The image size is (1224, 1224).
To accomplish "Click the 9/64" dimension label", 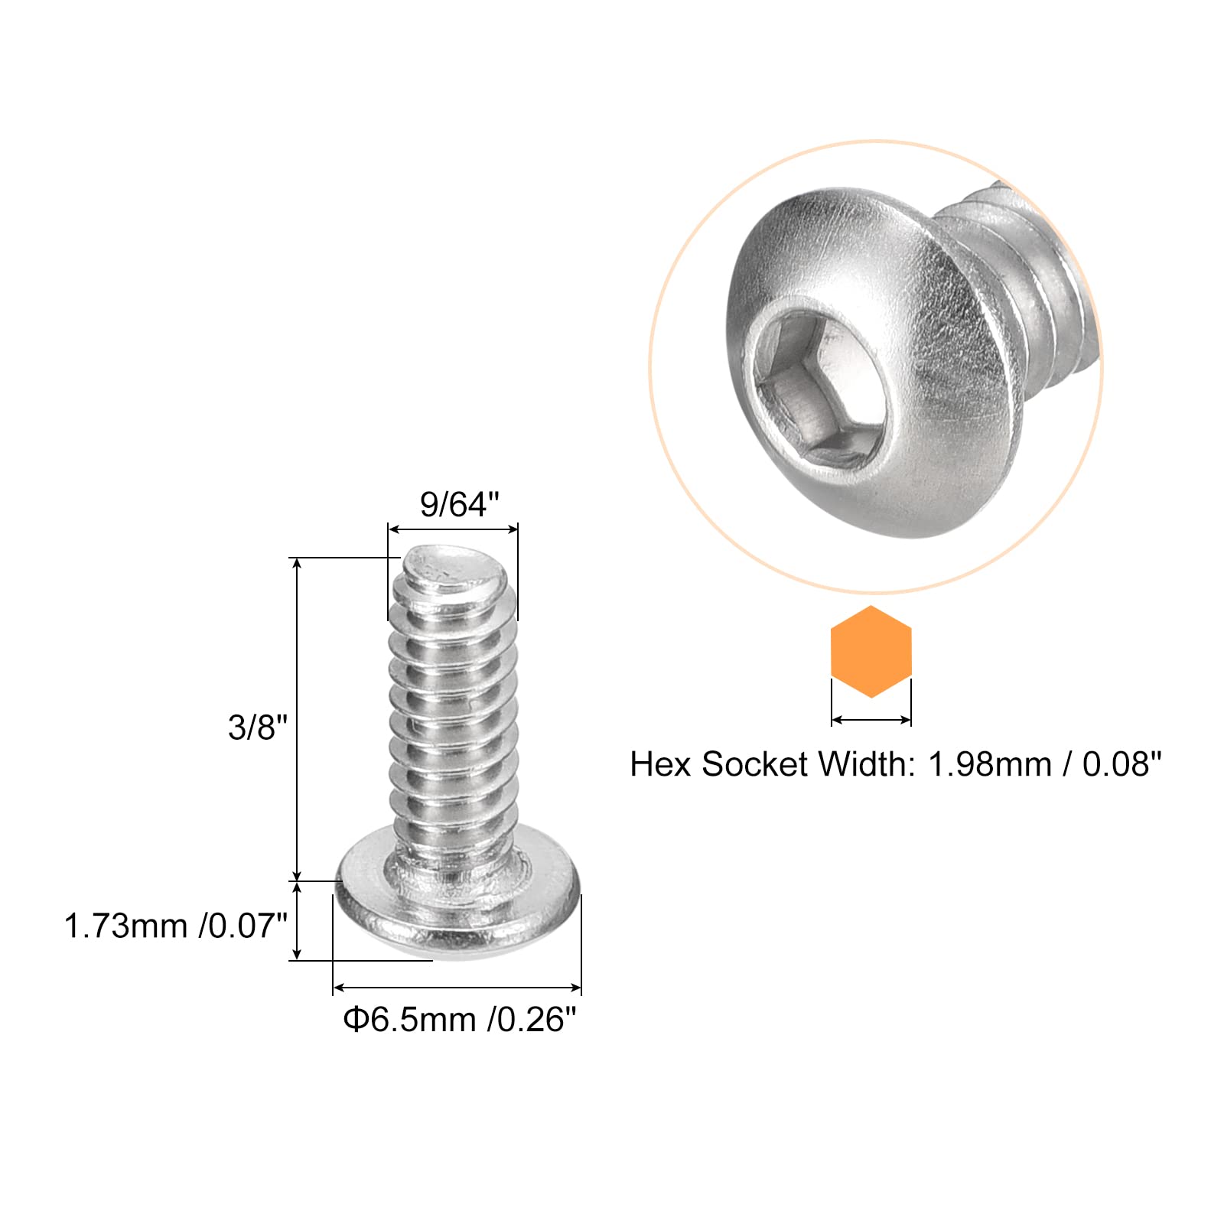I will click(459, 505).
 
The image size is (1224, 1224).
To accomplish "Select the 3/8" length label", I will click(258, 727).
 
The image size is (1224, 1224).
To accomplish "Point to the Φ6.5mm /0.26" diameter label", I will click(459, 1019).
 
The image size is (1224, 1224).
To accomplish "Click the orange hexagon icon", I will click(871, 652).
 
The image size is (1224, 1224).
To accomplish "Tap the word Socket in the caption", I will click(754, 764).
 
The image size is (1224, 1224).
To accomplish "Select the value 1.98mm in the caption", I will click(990, 764).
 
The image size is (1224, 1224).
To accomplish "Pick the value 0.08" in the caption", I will click(1121, 764).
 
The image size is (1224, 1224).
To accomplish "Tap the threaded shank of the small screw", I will click(453, 727).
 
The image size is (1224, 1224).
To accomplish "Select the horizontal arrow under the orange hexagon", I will click(871, 720).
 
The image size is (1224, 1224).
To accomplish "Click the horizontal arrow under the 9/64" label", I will click(453, 529).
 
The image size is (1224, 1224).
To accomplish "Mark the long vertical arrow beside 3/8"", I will click(298, 719).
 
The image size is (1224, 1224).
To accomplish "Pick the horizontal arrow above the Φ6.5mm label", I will click(457, 988).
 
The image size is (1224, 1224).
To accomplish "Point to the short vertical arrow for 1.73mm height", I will click(298, 920).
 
